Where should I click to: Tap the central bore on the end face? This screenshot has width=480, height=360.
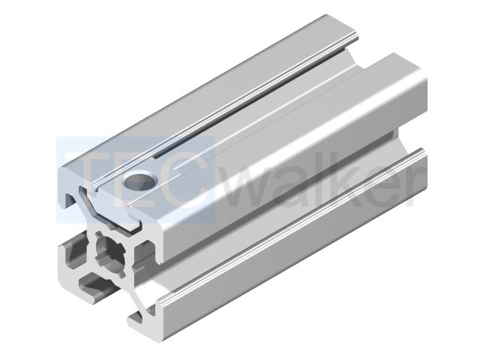(x=110, y=253)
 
